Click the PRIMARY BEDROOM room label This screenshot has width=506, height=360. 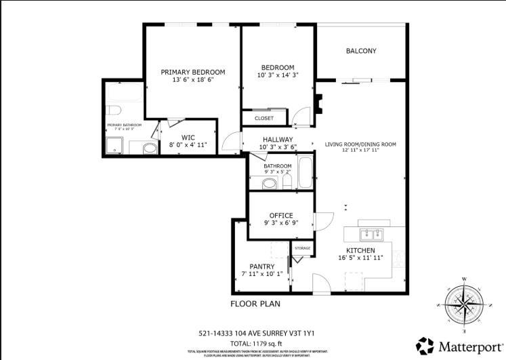click(x=193, y=72)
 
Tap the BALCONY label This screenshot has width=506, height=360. click(x=361, y=51)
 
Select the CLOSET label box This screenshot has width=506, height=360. click(x=264, y=118)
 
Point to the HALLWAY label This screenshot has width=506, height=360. click(x=278, y=139)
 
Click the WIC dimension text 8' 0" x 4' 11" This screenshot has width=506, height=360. click(x=188, y=145)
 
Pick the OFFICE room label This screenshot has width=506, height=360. click(x=281, y=216)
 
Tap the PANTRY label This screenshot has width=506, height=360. click(x=261, y=266)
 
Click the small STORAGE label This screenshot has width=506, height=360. click(x=302, y=248)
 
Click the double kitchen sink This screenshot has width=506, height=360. click(x=371, y=234)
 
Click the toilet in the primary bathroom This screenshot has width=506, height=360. click(x=113, y=110)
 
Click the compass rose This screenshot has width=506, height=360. click(x=464, y=303)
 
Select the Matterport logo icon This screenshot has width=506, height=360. click(x=425, y=346)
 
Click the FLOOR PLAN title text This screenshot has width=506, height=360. click(x=255, y=304)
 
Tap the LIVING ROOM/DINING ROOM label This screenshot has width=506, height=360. click(x=360, y=144)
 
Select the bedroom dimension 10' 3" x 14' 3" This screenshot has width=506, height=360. click(x=278, y=75)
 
